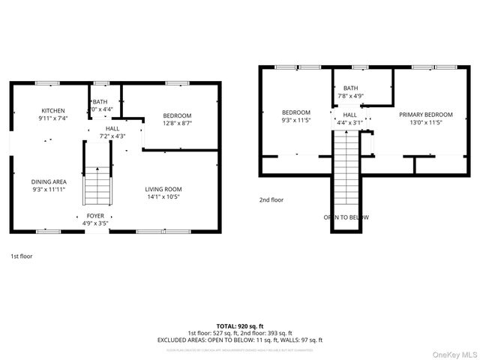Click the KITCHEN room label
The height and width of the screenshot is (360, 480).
point(52,110)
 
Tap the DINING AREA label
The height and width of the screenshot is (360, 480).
point(49,181)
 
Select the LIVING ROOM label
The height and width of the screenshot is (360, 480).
point(163,189)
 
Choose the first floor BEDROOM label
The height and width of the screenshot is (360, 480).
point(177,115)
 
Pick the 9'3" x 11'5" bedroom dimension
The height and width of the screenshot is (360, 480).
point(295,120)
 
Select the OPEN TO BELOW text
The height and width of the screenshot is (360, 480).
point(346,217)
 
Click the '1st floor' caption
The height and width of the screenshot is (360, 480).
point(21,256)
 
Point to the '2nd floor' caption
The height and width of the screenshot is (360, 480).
point(271,200)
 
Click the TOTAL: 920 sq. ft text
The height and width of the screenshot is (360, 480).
point(239,326)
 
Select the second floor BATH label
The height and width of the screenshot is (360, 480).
point(351,88)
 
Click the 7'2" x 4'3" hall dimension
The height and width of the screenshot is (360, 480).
point(112,136)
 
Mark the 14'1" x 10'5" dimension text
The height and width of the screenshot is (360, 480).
point(163,196)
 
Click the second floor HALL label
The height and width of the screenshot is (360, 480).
point(349,115)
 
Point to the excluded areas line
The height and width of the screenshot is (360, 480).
point(239,340)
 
